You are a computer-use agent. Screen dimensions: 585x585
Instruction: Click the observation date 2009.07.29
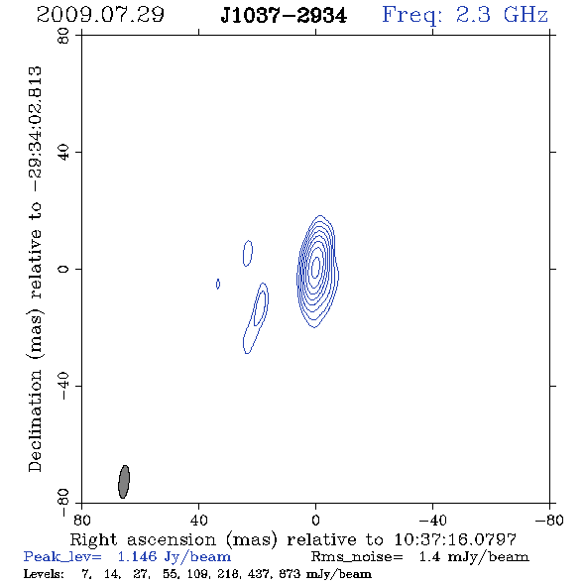(x=100, y=15)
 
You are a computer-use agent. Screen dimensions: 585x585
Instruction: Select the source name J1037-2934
(x=284, y=16)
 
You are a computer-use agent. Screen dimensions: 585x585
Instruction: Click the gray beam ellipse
(x=124, y=482)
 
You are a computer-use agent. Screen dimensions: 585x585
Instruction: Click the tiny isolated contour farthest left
(x=218, y=284)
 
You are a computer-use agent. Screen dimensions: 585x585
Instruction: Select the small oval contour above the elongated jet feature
(x=248, y=253)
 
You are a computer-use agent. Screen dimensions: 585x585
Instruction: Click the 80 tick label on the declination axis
(x=63, y=36)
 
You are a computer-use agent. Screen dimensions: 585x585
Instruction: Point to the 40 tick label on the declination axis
(x=63, y=153)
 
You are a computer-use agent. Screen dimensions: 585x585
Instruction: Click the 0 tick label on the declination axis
(x=63, y=269)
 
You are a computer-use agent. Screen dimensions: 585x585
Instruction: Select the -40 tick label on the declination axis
(x=63, y=386)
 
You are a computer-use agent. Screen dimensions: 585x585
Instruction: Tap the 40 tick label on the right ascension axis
(x=198, y=521)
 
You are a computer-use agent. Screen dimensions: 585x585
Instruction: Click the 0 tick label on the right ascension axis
(x=315, y=521)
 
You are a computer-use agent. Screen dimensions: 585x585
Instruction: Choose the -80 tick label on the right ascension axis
(x=549, y=521)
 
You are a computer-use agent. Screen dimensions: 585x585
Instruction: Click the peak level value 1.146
(x=137, y=556)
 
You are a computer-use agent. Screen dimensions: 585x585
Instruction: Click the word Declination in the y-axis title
(x=35, y=420)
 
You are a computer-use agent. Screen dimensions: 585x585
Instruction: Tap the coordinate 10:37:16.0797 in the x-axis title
(x=455, y=539)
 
